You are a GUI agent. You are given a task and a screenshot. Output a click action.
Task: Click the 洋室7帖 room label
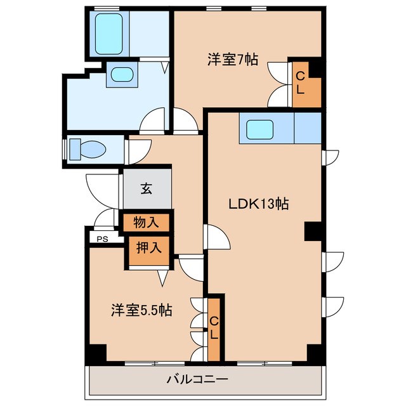click(x=232, y=60)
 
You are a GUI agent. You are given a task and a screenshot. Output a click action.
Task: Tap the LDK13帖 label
click(x=259, y=204)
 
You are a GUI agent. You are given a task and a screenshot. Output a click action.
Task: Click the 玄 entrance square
click(x=147, y=188)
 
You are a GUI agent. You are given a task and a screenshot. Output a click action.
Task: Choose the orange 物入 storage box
click(x=147, y=223)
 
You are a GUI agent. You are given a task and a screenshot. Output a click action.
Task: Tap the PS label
click(x=102, y=239)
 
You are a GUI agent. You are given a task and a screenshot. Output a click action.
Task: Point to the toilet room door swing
click(x=136, y=148)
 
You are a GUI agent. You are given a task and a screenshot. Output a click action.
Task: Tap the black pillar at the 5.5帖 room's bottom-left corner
click(x=95, y=355)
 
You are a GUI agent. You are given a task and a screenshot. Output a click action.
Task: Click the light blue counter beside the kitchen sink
click(x=308, y=129)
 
